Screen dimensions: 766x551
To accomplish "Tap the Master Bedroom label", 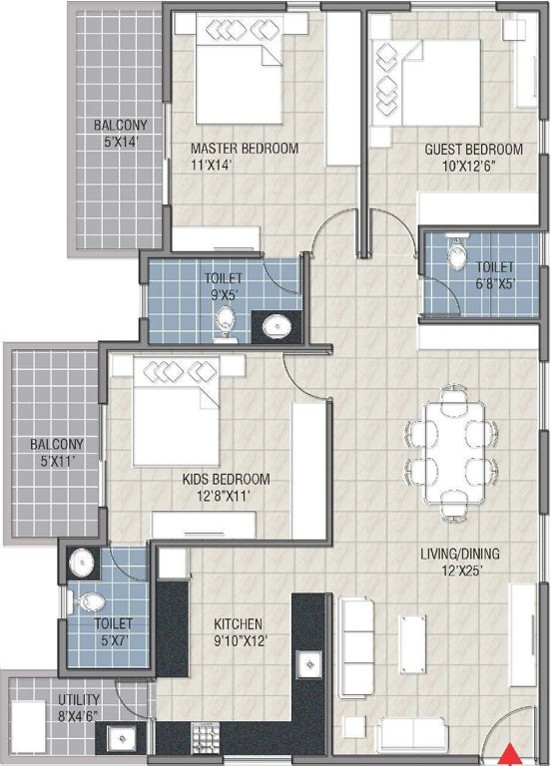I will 245,157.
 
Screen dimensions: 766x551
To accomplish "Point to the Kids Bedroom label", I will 226,486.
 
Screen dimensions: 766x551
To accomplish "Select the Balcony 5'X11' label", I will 56,452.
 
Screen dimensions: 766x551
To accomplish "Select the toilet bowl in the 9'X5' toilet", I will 227,321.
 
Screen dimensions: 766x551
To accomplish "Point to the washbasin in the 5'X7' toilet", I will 80,565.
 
